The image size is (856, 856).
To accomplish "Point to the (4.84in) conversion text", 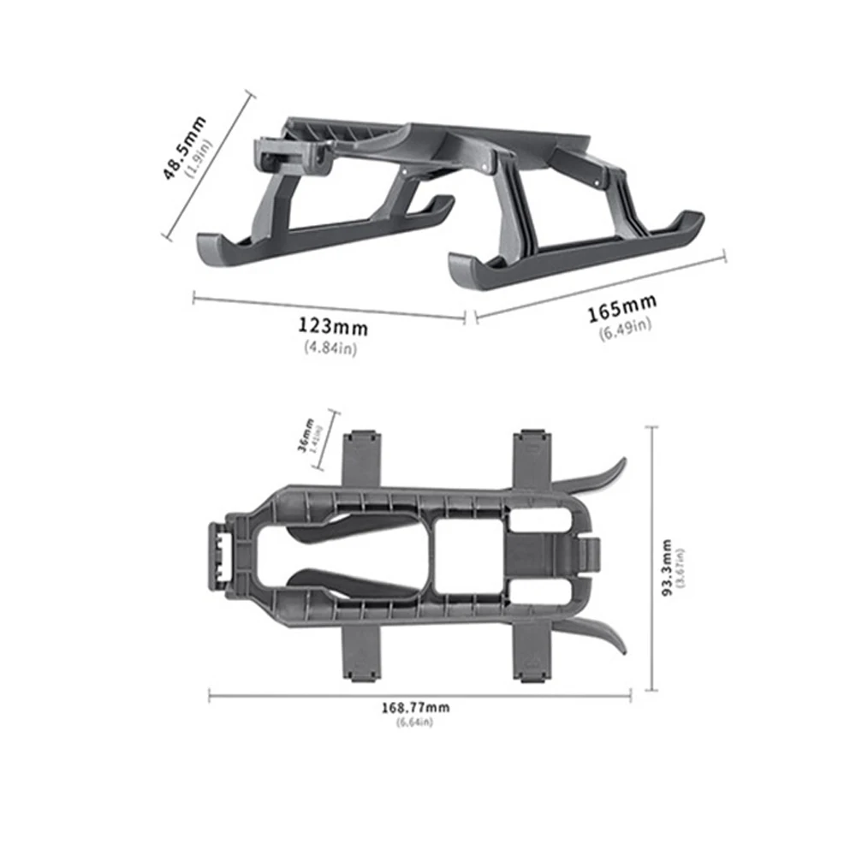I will pos(330,347).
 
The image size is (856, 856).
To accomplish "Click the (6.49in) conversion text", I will pos(625,329).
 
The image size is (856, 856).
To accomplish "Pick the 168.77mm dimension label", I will pos(415,707).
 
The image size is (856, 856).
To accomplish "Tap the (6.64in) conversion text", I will pos(415,723).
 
